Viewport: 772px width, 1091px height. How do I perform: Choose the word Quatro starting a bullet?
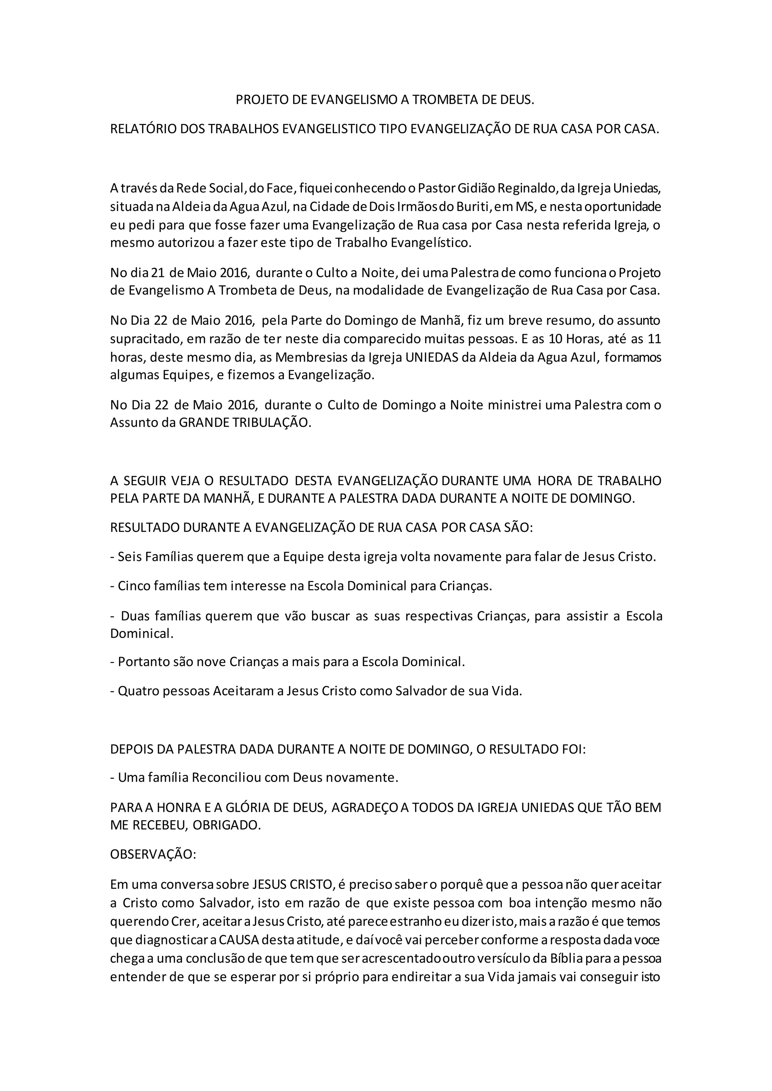tap(137, 691)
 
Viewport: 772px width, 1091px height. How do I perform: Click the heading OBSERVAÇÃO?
tap(153, 854)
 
